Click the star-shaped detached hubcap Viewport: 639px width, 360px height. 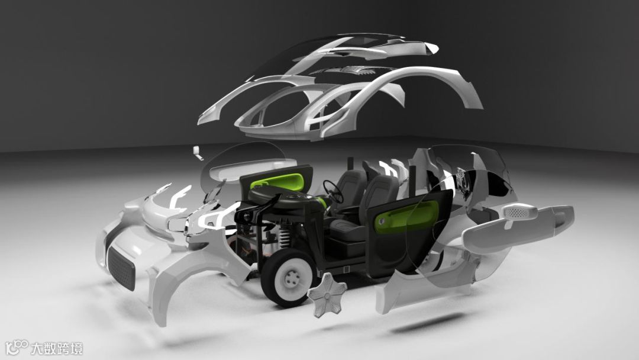pos(327,294)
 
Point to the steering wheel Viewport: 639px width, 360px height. pos(333,192)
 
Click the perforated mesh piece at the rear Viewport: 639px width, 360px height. pos(519,212)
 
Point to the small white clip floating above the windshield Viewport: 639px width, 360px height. pos(198,153)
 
